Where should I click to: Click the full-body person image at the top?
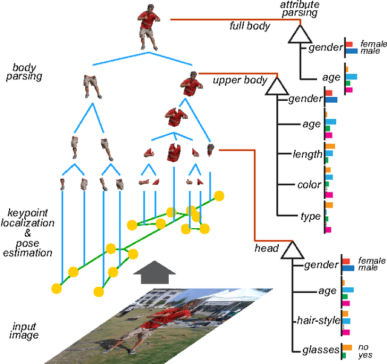[x=148, y=27]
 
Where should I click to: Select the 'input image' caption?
[x=25, y=331]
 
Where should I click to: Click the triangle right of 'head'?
[x=292, y=249]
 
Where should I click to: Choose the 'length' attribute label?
[x=307, y=154]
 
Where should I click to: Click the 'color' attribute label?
[x=308, y=185]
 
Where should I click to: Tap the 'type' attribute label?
[x=310, y=216]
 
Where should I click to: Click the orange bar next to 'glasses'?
[x=346, y=347]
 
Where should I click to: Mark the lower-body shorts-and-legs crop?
[x=92, y=85]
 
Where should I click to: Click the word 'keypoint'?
[x=27, y=212]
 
